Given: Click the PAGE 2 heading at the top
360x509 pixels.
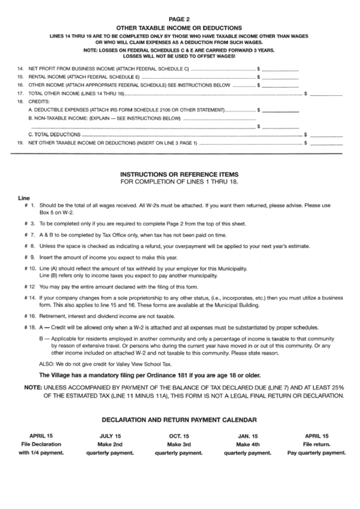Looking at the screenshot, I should [x=180, y=20].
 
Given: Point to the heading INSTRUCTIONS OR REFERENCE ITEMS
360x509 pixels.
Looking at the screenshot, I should [x=180, y=174].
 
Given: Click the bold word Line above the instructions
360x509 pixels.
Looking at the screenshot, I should [x=24, y=198].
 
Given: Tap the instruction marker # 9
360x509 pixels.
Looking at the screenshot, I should [x=29, y=258].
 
